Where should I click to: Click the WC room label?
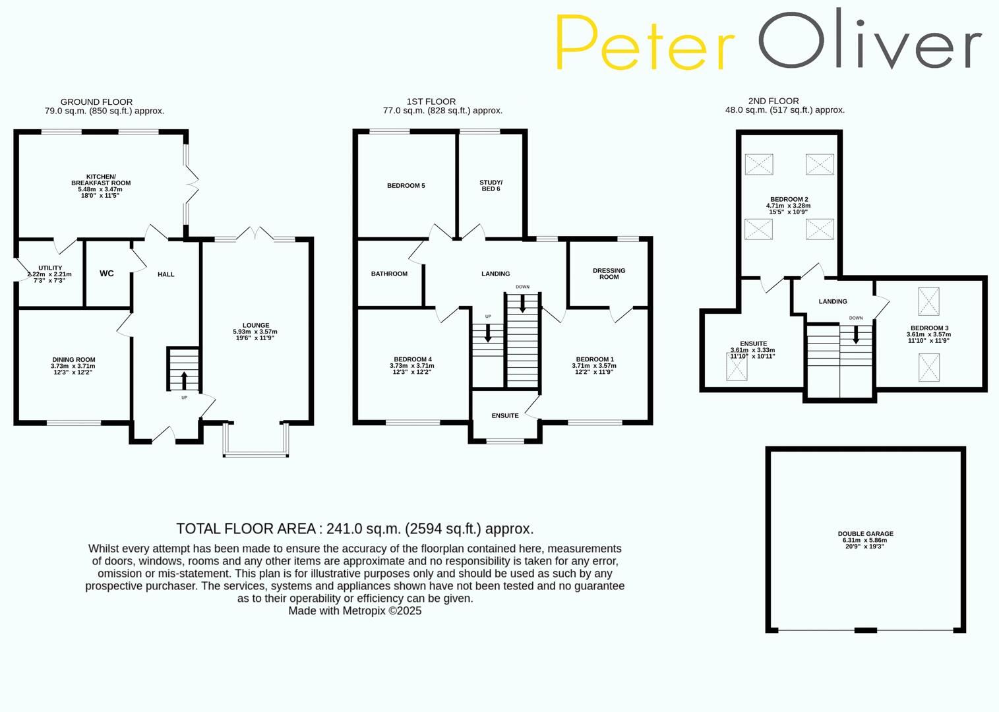click(106, 274)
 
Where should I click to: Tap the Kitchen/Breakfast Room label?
click(101, 180)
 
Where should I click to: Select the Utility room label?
click(50, 268)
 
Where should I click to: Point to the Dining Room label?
click(74, 360)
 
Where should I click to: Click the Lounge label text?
click(255, 325)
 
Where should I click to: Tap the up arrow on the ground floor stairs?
click(183, 380)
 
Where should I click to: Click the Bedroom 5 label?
click(406, 186)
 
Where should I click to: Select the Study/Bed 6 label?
click(491, 185)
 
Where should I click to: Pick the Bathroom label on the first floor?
click(389, 274)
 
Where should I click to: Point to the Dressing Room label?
click(609, 274)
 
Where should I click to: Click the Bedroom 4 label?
click(411, 359)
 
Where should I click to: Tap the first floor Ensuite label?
click(505, 415)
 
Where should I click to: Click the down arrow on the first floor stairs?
click(522, 303)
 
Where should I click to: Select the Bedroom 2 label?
click(789, 199)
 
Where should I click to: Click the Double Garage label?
click(865, 534)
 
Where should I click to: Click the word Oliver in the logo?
click(869, 41)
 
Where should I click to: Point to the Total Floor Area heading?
click(355, 529)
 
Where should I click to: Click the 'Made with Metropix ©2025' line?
click(355, 611)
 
